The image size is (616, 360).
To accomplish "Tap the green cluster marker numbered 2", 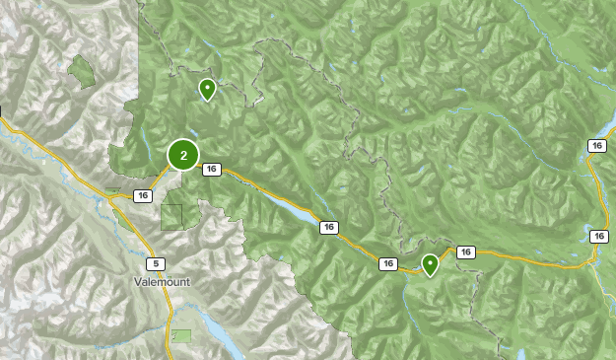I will click(183, 155).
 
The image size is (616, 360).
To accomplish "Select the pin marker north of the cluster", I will click(207, 90).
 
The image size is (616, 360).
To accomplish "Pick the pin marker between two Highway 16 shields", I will click(430, 264).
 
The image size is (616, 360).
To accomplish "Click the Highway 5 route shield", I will click(154, 264).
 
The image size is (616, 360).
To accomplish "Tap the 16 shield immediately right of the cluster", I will click(211, 170).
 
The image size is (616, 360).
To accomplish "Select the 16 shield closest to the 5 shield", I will click(144, 195).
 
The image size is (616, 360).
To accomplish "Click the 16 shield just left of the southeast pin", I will click(388, 263).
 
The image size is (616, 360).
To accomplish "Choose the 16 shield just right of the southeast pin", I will click(466, 252).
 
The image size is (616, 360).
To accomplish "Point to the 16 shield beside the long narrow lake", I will click(328, 228).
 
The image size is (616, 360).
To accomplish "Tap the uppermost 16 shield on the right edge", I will click(595, 146).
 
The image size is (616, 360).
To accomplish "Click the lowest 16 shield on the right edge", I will click(597, 236).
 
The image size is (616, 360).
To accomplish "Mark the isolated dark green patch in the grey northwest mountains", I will click(80, 71).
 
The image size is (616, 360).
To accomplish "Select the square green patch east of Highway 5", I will click(173, 216).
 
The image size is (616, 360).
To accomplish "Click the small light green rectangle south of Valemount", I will click(181, 335).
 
